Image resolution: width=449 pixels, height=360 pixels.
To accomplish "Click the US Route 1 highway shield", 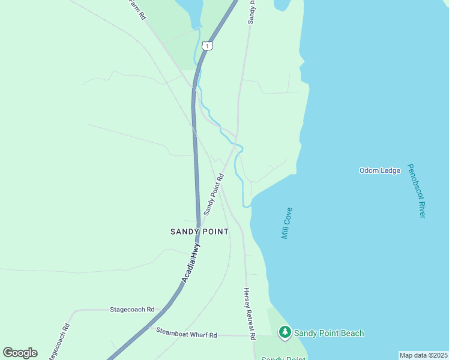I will tap(207, 46).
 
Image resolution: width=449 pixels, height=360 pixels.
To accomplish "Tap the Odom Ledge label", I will tap(379, 170).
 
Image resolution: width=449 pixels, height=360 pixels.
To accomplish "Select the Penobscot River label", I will tap(416, 191).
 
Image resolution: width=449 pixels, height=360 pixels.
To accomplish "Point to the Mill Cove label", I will tap(287, 223).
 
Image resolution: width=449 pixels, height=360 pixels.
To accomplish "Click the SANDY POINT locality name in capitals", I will tap(199, 232).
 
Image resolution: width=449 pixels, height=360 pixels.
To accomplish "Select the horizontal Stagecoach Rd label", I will tap(132, 310).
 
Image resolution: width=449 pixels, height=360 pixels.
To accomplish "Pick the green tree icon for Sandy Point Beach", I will tap(285, 332).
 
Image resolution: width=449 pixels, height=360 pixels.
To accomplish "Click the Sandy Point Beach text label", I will tap(329, 333).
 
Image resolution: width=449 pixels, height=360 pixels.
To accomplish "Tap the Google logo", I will tap(20, 352).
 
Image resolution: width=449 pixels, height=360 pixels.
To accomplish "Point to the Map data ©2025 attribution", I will tap(423, 355).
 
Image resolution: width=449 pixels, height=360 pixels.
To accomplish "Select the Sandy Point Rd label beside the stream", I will tap(213, 194).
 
